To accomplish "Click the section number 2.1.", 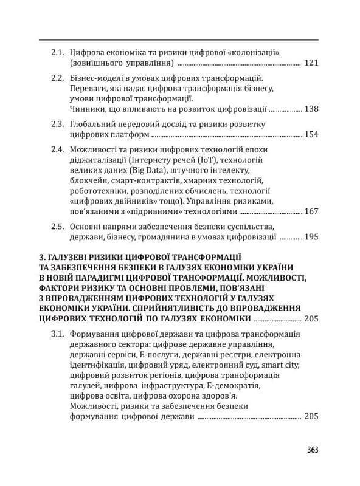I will pos(58,52).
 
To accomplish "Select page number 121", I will pos(311,63).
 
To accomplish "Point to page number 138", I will pos(311,109).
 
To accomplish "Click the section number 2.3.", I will pos(58,124).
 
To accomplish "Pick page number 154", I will pos(311,135).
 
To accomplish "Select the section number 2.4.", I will pos(58,149).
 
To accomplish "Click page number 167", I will pos(311,212).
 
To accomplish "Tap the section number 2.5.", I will pos(58,227).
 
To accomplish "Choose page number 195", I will pos(311,238).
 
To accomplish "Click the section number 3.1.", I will pos(58,334).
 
